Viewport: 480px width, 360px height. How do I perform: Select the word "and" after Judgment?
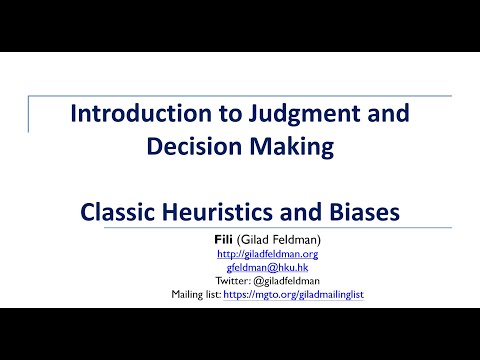(364, 113)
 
